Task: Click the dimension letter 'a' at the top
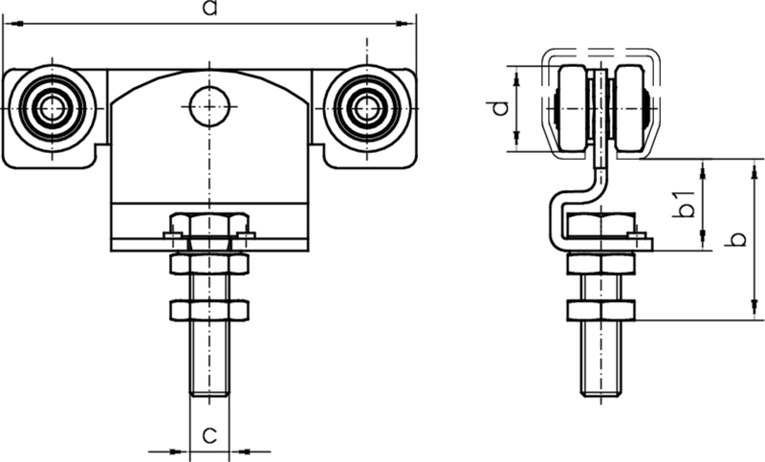(210, 9)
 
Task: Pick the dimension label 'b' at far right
(734, 239)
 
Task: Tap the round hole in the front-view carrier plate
(209, 106)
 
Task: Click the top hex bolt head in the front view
(209, 227)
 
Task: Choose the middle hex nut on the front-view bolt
(209, 263)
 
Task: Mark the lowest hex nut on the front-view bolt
(209, 309)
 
